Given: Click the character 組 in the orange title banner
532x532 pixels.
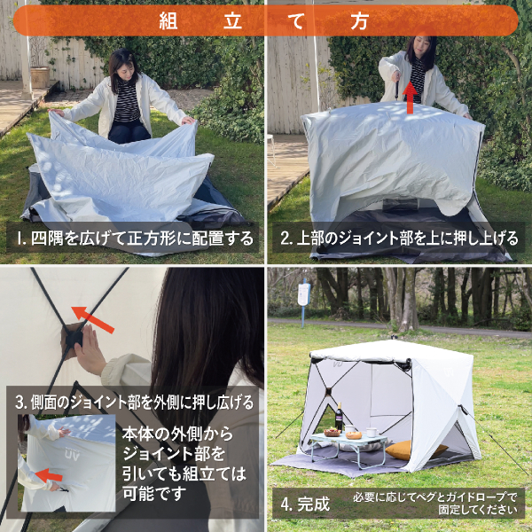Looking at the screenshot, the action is pyautogui.click(x=168, y=21).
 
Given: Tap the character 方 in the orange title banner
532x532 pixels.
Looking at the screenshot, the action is pyautogui.click(x=359, y=21).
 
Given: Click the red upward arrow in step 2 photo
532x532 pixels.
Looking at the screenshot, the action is pyautogui.click(x=411, y=98).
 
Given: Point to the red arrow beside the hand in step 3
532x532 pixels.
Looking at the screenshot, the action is pyautogui.click(x=93, y=319).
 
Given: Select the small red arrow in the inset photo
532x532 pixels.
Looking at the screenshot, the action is pyautogui.click(x=49, y=475).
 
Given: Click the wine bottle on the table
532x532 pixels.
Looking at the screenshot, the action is pyautogui.click(x=339, y=417).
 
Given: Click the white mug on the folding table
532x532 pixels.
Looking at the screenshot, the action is pyautogui.click(x=372, y=433).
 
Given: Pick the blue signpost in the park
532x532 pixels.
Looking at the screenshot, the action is pyautogui.click(x=303, y=302).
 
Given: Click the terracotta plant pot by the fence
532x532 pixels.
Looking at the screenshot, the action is pyautogui.click(x=40, y=77).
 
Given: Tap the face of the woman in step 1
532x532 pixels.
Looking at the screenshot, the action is pyautogui.click(x=124, y=69).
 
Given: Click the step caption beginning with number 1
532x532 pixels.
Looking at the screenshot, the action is pyautogui.click(x=136, y=239).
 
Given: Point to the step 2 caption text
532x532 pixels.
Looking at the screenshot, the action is pyautogui.click(x=399, y=239).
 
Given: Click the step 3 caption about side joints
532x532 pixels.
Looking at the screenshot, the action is pyautogui.click(x=135, y=402).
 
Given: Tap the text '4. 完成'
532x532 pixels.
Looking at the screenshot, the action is pyautogui.click(x=305, y=505).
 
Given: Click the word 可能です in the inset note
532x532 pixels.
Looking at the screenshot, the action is pyautogui.click(x=154, y=493).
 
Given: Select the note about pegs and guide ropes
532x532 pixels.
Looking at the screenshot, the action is pyautogui.click(x=435, y=503).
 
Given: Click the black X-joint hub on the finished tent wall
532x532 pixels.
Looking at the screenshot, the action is pyautogui.click(x=328, y=392).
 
